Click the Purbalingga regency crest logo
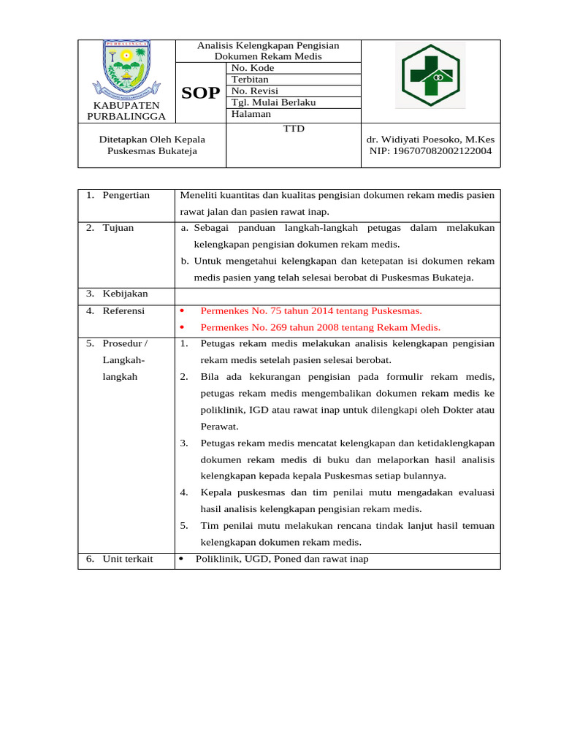[x=126, y=71]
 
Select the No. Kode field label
[x=252, y=68]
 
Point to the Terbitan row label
[x=250, y=80]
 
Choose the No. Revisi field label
[x=255, y=91]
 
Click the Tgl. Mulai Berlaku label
[x=273, y=102]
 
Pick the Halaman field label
[x=251, y=114]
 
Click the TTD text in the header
[x=293, y=129]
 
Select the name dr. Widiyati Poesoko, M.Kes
[x=430, y=140]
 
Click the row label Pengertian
[x=126, y=195]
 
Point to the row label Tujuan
[x=118, y=228]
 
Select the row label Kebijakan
[x=125, y=294]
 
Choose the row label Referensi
[x=123, y=310]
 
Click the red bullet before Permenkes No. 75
[x=182, y=311]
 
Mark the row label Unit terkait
[x=128, y=559]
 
